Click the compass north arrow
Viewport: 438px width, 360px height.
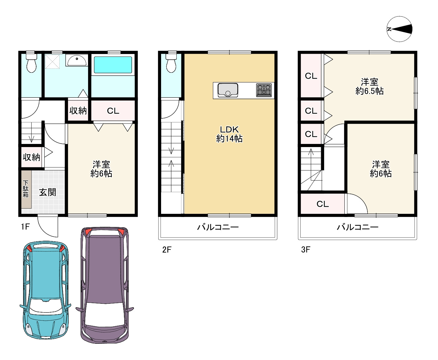pos(400,29)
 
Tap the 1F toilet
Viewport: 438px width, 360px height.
pos(31,63)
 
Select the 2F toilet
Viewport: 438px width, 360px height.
pos(171,63)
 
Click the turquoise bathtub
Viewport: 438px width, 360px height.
pos(113,65)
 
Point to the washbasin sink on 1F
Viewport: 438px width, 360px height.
pos(76,61)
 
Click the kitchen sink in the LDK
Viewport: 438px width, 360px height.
pos(228,90)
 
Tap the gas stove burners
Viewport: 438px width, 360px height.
pos(264,90)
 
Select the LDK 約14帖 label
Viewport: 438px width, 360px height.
pos(229,134)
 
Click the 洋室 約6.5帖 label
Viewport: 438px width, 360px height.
pos(369,86)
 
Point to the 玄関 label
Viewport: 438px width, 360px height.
pos(47,192)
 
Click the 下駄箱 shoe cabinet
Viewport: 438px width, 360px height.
pos(26,189)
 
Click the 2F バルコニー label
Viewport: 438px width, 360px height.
pos(218,227)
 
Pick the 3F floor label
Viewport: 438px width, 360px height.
pos(306,249)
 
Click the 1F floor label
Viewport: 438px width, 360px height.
pos(25,226)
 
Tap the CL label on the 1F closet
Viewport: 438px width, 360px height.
pos(113,111)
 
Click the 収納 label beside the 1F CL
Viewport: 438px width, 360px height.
pos(78,111)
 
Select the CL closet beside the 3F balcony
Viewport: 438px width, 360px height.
pos(322,204)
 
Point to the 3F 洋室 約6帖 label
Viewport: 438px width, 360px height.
pos(381,169)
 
